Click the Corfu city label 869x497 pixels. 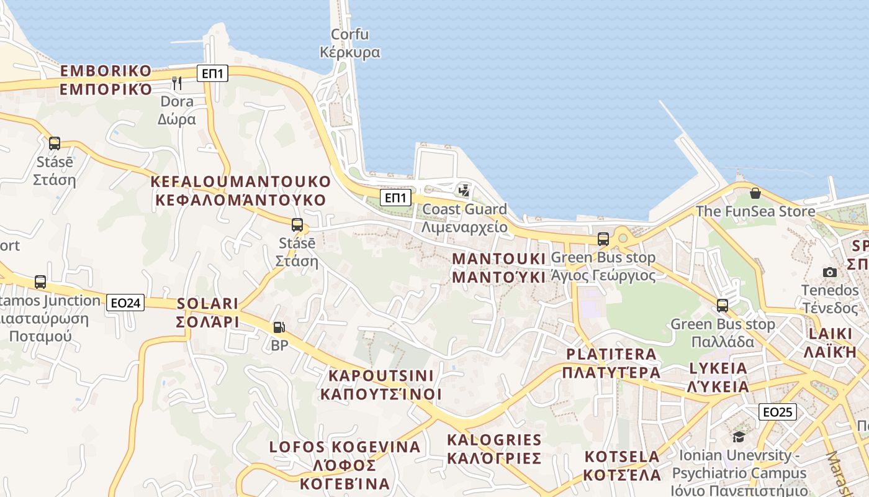(349, 43)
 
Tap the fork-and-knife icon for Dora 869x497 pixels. (177, 83)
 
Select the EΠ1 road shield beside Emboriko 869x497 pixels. (213, 73)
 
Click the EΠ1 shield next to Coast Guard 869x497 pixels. (395, 198)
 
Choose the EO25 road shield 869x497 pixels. (777, 411)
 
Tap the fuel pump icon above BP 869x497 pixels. (279, 327)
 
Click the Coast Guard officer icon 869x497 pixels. (464, 191)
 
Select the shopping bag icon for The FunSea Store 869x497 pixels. (755, 193)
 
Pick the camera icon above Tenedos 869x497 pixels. (829, 272)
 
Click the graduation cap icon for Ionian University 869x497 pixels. (739, 437)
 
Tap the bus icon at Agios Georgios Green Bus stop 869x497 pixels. (603, 239)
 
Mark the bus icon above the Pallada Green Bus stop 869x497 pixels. (722, 306)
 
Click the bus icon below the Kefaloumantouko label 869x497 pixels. (297, 225)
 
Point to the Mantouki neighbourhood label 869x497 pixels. (499, 267)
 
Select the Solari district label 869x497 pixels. (208, 312)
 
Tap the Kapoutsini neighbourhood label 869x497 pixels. (380, 385)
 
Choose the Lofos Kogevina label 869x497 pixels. (344, 465)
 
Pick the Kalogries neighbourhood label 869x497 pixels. (494, 449)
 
